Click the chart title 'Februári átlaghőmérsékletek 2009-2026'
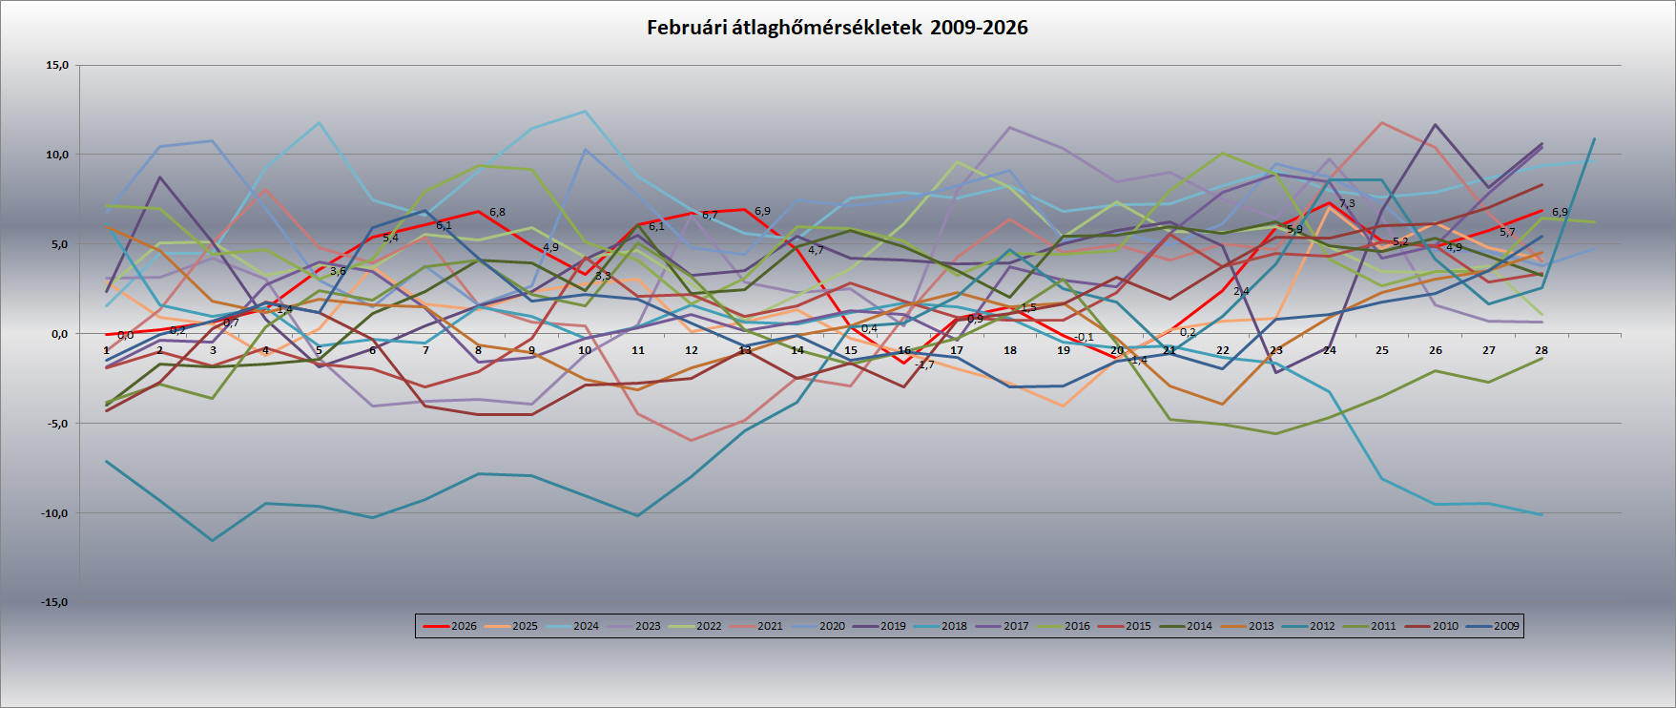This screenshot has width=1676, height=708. click(837, 28)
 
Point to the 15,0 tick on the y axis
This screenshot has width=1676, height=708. click(57, 66)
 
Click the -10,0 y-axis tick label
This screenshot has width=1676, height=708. click(53, 513)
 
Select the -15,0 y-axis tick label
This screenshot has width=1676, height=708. click(53, 603)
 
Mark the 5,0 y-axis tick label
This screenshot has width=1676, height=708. click(57, 244)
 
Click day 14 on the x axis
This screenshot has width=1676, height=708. click(797, 351)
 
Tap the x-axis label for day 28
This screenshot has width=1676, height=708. click(1541, 351)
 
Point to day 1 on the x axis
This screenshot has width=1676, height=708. click(106, 351)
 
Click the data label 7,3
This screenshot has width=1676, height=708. click(1347, 203)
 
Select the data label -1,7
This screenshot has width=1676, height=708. click(924, 364)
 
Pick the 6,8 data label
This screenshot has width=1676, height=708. click(497, 212)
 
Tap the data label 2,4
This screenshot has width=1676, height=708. click(1241, 291)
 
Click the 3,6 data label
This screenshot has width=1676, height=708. click(338, 271)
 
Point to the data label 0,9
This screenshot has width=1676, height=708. click(975, 319)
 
